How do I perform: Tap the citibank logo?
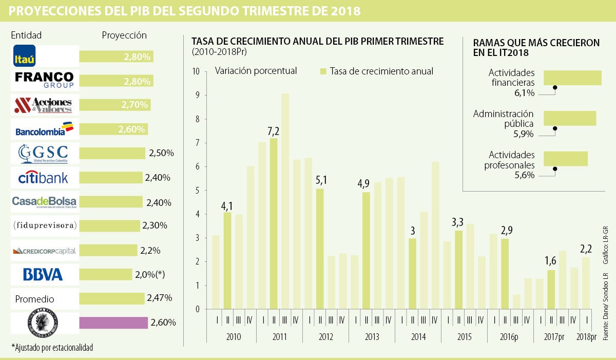pyautogui.click(x=43, y=178)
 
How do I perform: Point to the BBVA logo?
pyautogui.click(x=43, y=274)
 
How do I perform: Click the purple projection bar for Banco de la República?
pyautogui.click(x=113, y=323)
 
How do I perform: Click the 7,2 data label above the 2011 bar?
pyautogui.click(x=274, y=131)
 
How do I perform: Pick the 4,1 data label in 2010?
pyautogui.click(x=227, y=206)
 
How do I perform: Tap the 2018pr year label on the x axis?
pyautogui.click(x=586, y=337)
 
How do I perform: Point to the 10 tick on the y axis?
pyautogui.click(x=196, y=71)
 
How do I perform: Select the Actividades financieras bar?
pyautogui.click(x=572, y=78)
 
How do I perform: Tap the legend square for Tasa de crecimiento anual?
pyautogui.click(x=323, y=71)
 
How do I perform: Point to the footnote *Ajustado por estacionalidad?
pyautogui.click(x=52, y=348)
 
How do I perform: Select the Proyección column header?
pyautogui.click(x=124, y=35)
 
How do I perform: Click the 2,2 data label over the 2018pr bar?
pyautogui.click(x=586, y=249)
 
